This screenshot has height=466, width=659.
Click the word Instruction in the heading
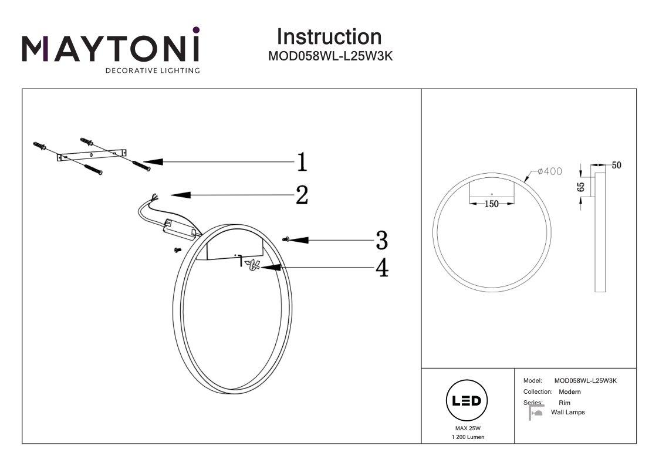pyautogui.click(x=329, y=37)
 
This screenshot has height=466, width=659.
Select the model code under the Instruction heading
pyautogui.click(x=330, y=56)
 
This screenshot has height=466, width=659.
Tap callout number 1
pyautogui.click(x=302, y=162)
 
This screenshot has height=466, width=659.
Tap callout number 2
pyautogui.click(x=302, y=195)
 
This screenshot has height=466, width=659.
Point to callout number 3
pyautogui.click(x=381, y=241)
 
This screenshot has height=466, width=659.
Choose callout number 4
pyautogui.click(x=382, y=268)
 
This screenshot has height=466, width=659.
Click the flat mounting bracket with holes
pyautogui.click(x=92, y=155)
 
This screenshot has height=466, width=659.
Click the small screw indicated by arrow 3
pyautogui.click(x=285, y=239)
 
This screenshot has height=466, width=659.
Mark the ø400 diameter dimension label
pyautogui.click(x=550, y=171)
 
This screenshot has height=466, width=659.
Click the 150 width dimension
pyautogui.click(x=491, y=204)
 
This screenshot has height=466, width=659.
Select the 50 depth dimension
pyautogui.click(x=616, y=165)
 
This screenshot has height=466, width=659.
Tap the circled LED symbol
pyautogui.click(x=467, y=400)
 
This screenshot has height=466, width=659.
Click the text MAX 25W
pyautogui.click(x=468, y=428)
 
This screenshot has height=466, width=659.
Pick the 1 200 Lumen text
pyautogui.click(x=468, y=437)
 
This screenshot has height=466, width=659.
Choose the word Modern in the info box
pyautogui.click(x=570, y=391)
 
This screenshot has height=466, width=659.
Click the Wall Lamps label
pyautogui.click(x=568, y=412)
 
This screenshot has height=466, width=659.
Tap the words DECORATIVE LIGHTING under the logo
pyautogui.click(x=153, y=70)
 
